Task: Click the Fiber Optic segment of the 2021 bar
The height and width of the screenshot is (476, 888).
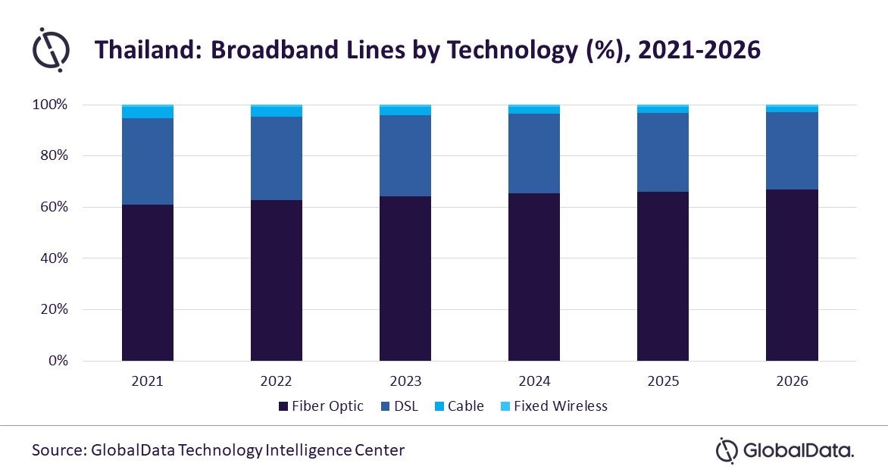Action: tap(147, 282)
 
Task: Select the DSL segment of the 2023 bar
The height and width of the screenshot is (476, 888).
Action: tap(405, 156)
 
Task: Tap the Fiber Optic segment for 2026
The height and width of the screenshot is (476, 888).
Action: tap(792, 275)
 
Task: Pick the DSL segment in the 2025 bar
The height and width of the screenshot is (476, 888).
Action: tap(663, 152)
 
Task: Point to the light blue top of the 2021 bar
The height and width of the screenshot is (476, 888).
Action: tap(147, 111)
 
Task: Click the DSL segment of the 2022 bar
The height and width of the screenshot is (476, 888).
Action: tap(277, 158)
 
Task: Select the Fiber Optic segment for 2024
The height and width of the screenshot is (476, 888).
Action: tap(534, 277)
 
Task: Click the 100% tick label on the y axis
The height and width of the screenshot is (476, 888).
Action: tap(50, 105)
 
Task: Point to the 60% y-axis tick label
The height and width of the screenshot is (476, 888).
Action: tap(54, 207)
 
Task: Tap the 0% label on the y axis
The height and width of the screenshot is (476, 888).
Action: tap(58, 360)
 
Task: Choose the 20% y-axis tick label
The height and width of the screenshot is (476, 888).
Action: tap(54, 309)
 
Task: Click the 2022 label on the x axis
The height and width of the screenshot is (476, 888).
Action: tap(276, 380)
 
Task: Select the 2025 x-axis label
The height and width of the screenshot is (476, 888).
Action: tap(663, 380)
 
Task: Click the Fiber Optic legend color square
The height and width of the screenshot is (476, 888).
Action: tap(283, 406)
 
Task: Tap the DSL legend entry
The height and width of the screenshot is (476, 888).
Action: tap(400, 406)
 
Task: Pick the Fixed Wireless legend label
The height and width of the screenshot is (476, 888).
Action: tap(561, 406)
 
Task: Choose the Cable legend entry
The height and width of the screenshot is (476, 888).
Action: tap(459, 406)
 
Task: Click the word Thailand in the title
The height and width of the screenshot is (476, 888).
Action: tap(149, 50)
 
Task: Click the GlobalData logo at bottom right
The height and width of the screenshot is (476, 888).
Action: tap(785, 451)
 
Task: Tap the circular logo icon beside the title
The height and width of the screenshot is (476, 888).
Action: tap(51, 50)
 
